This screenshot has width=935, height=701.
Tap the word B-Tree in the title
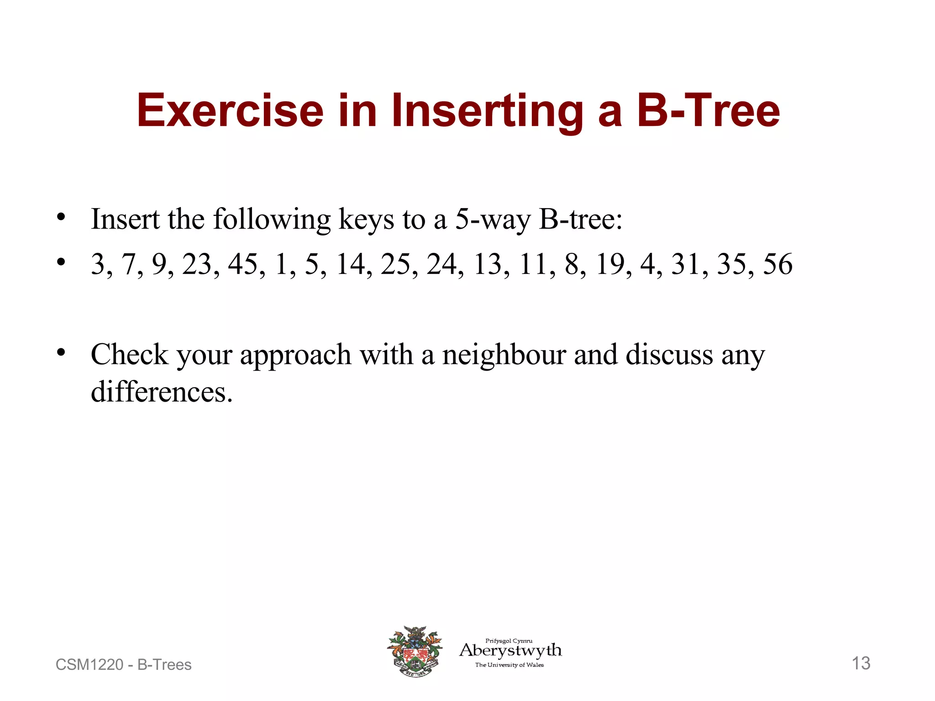pyautogui.click(x=708, y=110)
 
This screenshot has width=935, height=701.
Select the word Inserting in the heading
pyautogui.click(x=487, y=110)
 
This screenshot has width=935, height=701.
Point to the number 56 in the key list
pyautogui.click(x=777, y=264)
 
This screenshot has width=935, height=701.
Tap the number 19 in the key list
pyautogui.click(x=611, y=264)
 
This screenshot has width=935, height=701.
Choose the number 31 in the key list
pyautogui.click(x=687, y=264)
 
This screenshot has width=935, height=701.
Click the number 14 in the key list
pyautogui.click(x=351, y=264)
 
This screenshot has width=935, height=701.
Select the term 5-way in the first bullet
pyautogui.click(x=493, y=220)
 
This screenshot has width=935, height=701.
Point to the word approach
pyautogui.click(x=296, y=356)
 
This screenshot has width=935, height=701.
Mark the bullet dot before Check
pyautogui.click(x=61, y=352)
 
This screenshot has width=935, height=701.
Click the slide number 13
pyautogui.click(x=861, y=663)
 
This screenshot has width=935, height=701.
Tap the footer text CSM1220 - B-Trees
pyautogui.click(x=123, y=664)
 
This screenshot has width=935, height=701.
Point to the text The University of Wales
pyautogui.click(x=510, y=665)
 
